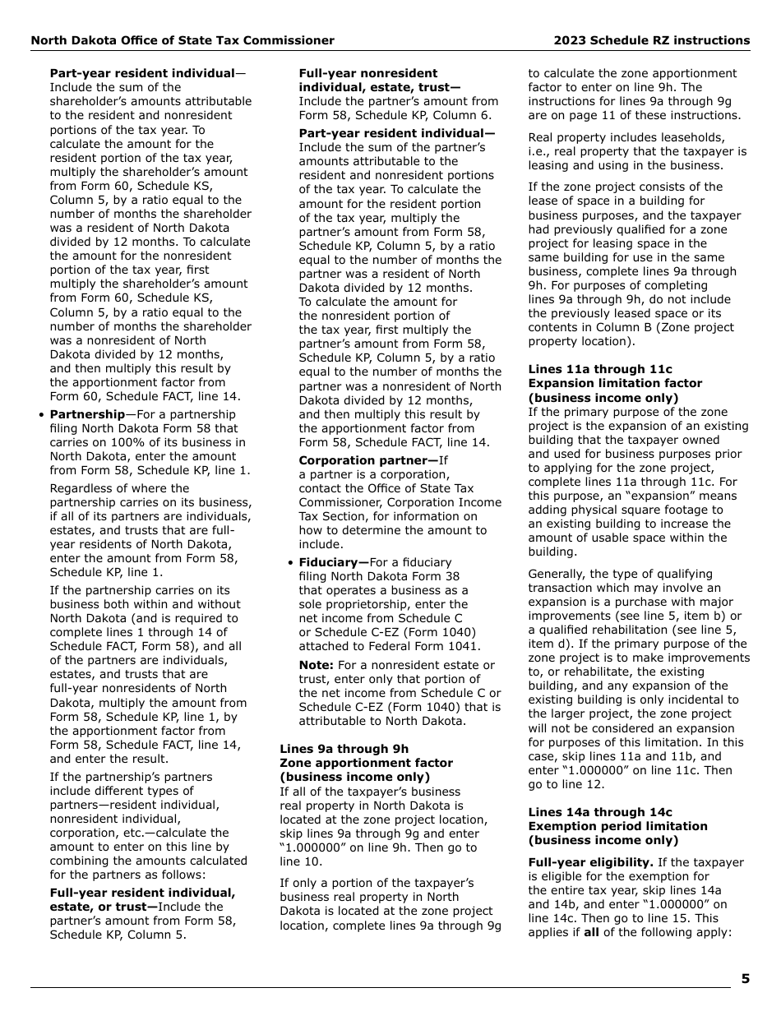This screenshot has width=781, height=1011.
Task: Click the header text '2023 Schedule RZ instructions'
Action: tap(651, 40)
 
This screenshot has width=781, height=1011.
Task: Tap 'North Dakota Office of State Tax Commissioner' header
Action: tap(183, 40)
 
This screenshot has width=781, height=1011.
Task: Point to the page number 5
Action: tap(745, 978)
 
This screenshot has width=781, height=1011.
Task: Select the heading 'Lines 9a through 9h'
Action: tap(344, 749)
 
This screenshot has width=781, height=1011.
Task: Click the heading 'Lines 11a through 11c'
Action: tap(599, 369)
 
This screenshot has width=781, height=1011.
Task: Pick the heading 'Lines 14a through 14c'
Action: tap(599, 812)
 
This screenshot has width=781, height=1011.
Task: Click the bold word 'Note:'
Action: tap(316, 665)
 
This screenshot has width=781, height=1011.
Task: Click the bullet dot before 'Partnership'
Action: tap(41, 415)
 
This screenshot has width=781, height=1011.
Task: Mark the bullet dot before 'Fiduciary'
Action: tap(290, 563)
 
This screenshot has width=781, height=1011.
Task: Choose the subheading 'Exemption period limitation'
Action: tap(617, 826)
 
